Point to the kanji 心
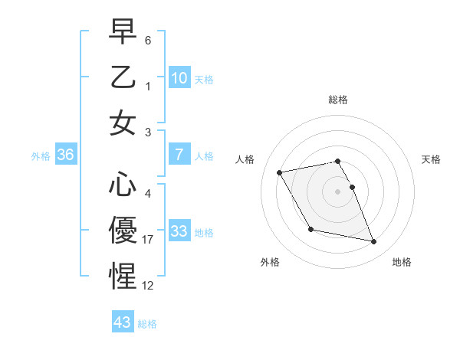pos(123,185)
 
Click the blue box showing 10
pos(179,78)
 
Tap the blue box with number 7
pos(179,155)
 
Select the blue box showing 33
pos(179,231)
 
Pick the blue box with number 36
pos(66,155)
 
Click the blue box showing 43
pos(123,322)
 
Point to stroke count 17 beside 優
pos(149,240)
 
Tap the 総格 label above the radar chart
pos(337,100)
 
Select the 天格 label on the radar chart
pos(432,159)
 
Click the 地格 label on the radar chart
pos(402,262)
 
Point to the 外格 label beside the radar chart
pos(270,262)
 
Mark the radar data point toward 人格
pos(279,172)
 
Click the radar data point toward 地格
pos(374,242)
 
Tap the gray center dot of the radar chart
pos(337,191)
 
